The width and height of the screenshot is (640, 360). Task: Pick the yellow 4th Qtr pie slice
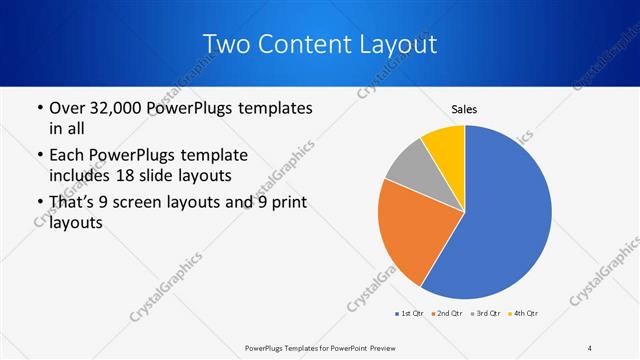click(444, 148)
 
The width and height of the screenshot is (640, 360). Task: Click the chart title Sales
click(464, 109)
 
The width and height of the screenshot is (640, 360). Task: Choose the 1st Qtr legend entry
click(411, 314)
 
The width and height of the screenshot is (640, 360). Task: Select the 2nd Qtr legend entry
click(447, 314)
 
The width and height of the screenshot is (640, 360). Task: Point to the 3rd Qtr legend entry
click(486, 314)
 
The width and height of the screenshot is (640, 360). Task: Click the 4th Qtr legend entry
click(525, 314)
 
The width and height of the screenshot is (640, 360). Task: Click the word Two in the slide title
click(225, 45)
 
